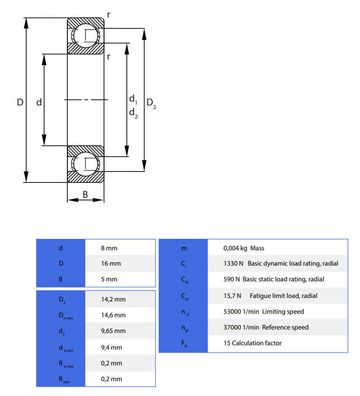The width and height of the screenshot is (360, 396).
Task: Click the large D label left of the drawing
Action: click(20, 102)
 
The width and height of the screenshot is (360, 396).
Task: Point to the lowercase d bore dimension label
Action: click(39, 102)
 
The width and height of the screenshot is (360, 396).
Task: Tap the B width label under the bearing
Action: click(85, 194)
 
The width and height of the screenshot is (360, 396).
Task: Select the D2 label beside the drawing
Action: click(151, 103)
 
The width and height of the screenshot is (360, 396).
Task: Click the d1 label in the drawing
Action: click(133, 99)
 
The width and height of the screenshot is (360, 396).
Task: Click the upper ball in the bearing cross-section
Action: click(86, 35)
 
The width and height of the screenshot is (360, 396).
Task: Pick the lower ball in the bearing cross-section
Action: click(86, 164)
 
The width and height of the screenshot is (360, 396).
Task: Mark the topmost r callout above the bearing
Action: click(108, 14)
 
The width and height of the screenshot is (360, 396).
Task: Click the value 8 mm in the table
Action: click(109, 248)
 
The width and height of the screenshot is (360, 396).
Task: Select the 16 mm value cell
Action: click(111, 264)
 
